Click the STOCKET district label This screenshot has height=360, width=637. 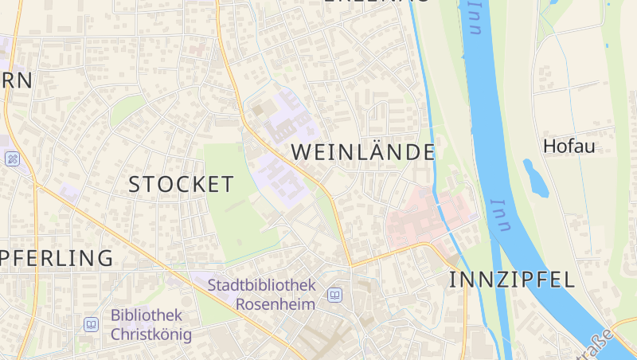tap(182, 184)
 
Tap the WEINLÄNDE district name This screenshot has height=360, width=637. tap(363, 151)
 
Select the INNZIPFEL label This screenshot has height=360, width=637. tap(512, 279)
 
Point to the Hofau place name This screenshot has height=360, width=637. tap(569, 146)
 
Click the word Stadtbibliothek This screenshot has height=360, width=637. tap(261, 284)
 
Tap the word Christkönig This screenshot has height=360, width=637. tap(151, 334)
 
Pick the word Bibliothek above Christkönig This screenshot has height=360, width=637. tap(147, 315)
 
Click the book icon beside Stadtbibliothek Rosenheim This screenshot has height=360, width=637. tap(335, 295)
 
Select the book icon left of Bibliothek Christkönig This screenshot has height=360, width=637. tap(92, 324)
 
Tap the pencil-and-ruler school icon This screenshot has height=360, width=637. tap(12, 158)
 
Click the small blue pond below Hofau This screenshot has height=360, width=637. tap(535, 178)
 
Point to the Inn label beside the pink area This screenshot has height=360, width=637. tap(499, 215)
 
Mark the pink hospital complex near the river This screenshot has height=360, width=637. tap(430, 217)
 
